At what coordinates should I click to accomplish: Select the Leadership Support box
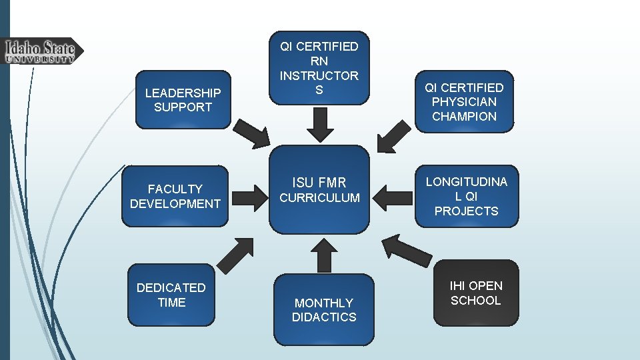click(183, 99)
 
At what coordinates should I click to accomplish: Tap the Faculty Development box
click(175, 196)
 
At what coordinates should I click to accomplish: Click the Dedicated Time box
click(171, 295)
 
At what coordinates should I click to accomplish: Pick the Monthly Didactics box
click(324, 309)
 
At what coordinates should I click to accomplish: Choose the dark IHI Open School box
click(475, 293)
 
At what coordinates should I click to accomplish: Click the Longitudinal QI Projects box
click(466, 196)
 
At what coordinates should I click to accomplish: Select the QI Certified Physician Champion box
click(464, 101)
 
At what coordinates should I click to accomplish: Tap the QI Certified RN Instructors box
click(319, 68)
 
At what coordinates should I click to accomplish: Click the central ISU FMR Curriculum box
click(319, 189)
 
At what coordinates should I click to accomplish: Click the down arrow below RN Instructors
click(319, 125)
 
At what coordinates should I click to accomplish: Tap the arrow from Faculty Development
click(250, 197)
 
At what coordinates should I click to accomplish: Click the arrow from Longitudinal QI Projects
click(393, 197)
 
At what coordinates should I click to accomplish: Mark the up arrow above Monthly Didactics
click(324, 253)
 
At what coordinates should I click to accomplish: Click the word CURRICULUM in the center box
click(319, 198)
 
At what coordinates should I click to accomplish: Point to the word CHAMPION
click(464, 117)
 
